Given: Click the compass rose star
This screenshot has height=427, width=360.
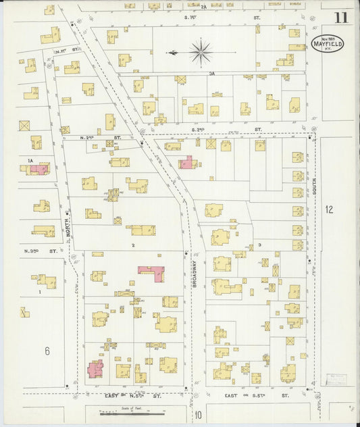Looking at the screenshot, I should tap(201, 51).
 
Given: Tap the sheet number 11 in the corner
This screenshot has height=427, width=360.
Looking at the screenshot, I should tap(340, 18).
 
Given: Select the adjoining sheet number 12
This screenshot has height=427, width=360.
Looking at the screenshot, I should tap(330, 209).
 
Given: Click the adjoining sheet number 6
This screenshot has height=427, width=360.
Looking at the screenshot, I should tap(47, 350).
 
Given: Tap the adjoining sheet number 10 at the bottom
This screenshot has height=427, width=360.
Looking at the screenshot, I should tap(199, 414).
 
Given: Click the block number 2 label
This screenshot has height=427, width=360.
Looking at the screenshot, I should tap(134, 245).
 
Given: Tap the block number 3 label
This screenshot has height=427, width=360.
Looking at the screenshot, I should tap(259, 245).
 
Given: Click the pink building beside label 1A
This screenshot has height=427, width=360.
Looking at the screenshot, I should tap(40, 168).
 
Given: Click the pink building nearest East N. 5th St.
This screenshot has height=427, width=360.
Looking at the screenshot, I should tap(95, 369).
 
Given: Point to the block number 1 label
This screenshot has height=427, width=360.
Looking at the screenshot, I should tap(40, 292).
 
